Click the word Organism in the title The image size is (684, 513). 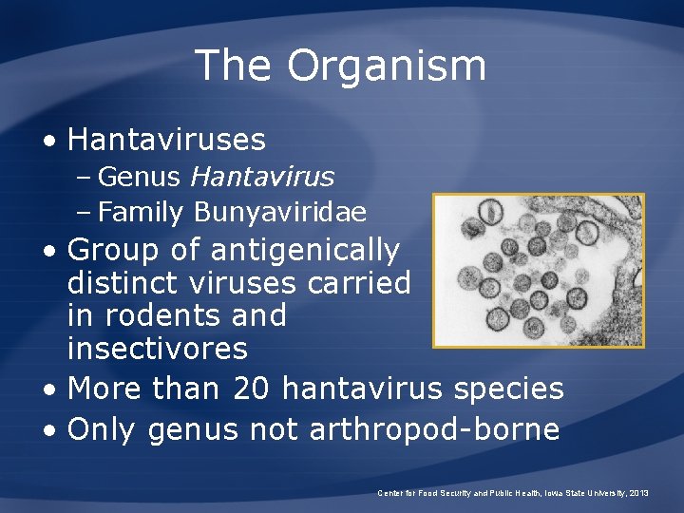(387, 66)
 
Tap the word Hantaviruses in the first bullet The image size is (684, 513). (167, 140)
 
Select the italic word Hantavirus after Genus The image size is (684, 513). (262, 177)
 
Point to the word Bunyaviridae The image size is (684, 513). (279, 212)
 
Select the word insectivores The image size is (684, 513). (158, 349)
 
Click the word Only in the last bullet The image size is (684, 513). (104, 429)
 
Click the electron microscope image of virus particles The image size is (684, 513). (538, 270)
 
